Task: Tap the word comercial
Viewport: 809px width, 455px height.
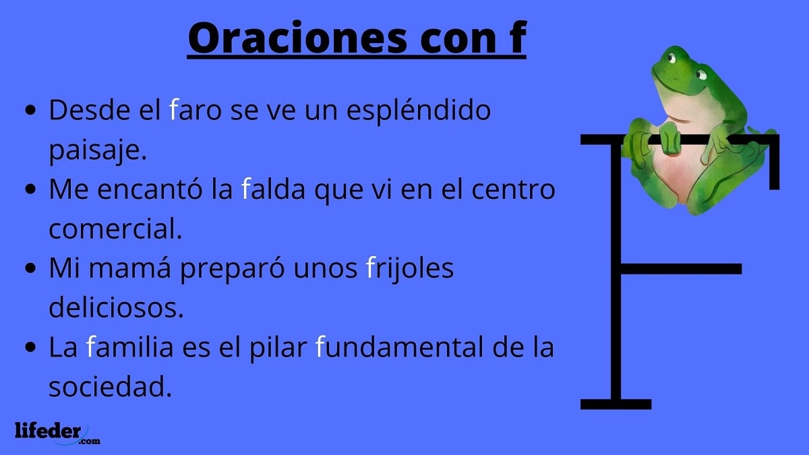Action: point(115,229)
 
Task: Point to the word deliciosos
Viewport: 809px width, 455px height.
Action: point(116,308)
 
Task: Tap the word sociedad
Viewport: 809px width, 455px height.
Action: point(107,387)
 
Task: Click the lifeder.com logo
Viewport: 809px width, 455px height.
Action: point(57,431)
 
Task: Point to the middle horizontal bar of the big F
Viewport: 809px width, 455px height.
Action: point(681,268)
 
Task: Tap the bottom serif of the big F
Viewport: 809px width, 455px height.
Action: point(616,404)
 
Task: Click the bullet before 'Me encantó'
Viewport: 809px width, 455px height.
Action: point(30,191)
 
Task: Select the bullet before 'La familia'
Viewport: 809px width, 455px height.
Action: point(30,348)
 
